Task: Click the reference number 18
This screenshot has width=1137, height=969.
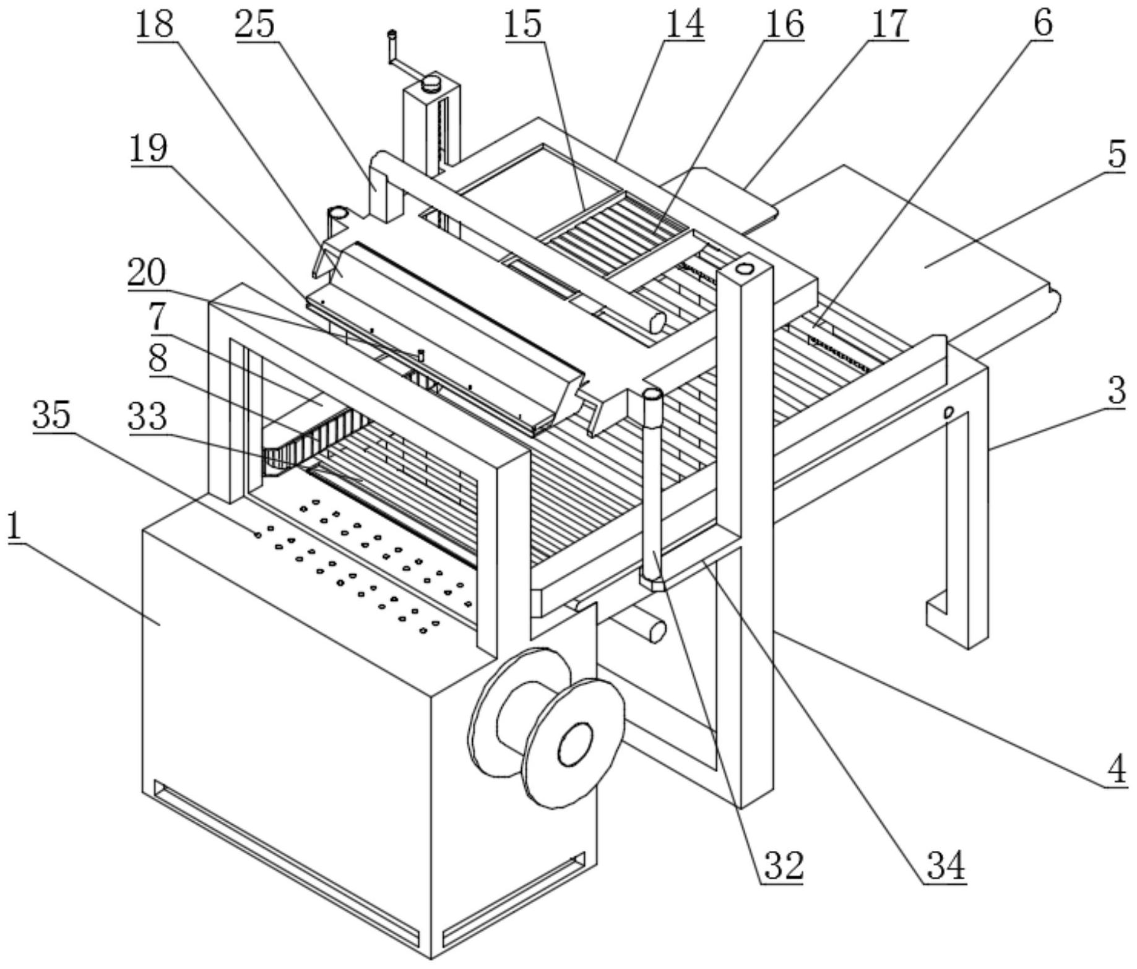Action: (155, 25)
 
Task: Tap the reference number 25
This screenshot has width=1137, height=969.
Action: (255, 25)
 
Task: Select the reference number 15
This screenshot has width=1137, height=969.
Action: (523, 25)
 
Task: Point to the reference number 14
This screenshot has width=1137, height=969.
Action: (684, 25)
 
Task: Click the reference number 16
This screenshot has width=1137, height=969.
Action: (784, 25)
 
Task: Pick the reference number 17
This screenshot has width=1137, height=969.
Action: (889, 25)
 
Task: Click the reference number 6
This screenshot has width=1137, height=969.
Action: (1043, 25)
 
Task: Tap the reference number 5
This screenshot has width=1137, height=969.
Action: (1117, 155)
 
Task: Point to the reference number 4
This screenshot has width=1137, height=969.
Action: (1117, 770)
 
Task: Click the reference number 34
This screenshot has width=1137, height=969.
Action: (945, 865)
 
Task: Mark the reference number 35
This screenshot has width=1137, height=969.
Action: (52, 415)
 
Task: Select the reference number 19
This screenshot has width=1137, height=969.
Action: (149, 149)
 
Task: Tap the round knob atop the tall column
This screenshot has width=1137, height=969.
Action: (431, 82)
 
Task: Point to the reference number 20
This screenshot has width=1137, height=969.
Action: (147, 272)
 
